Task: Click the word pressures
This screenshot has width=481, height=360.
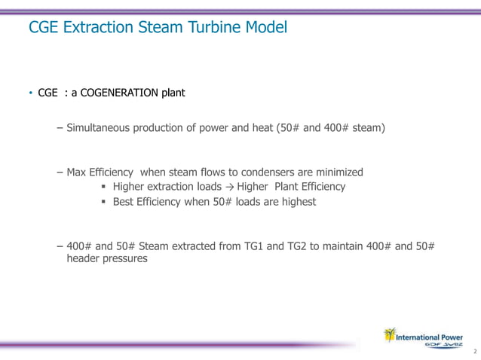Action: [127, 258]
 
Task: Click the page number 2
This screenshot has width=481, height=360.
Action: [474, 352]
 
